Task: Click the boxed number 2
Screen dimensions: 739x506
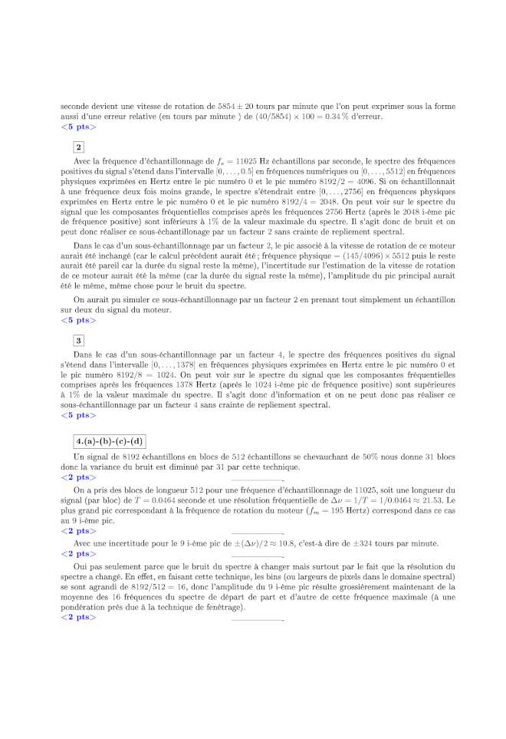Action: pos(79,147)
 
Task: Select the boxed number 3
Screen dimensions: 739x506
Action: pos(79,340)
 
